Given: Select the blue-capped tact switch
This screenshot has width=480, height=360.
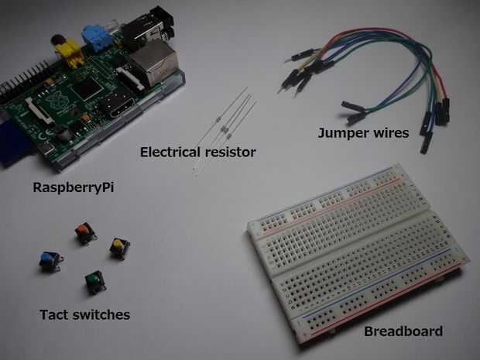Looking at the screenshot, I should click(x=50, y=261).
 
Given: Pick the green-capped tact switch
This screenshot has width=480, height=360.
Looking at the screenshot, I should click(x=94, y=280).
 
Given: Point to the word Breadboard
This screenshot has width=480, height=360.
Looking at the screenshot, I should click(x=403, y=331).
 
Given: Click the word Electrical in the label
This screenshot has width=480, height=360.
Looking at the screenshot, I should click(x=170, y=153).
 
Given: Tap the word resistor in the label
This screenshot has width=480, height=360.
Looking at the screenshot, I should click(x=229, y=153).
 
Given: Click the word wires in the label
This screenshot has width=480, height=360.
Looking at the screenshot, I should click(x=392, y=133).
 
